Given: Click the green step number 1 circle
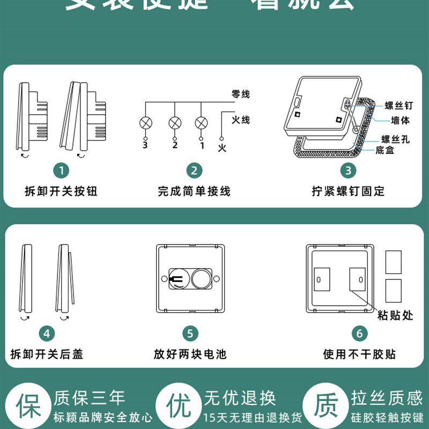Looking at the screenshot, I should tap(62, 171).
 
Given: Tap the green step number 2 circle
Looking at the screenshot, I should tap(194, 171).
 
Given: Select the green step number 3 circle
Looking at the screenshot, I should tap(348, 171).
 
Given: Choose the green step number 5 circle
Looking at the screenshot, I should tap(190, 334).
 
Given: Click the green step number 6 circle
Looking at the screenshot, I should tap(359, 334).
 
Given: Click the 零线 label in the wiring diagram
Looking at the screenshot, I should tap(241, 94).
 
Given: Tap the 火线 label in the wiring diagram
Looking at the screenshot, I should tap(241, 120).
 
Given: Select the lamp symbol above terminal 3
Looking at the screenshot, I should tap(145, 123).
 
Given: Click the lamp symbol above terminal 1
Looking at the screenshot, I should tap(202, 123).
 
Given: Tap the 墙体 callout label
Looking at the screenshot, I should tap(400, 121).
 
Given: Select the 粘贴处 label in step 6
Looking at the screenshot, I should tap(395, 315).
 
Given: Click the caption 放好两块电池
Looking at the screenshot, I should tap(190, 354).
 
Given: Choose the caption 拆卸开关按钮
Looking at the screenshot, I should tap(61, 191).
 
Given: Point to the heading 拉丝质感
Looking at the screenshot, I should tap(387, 398).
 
